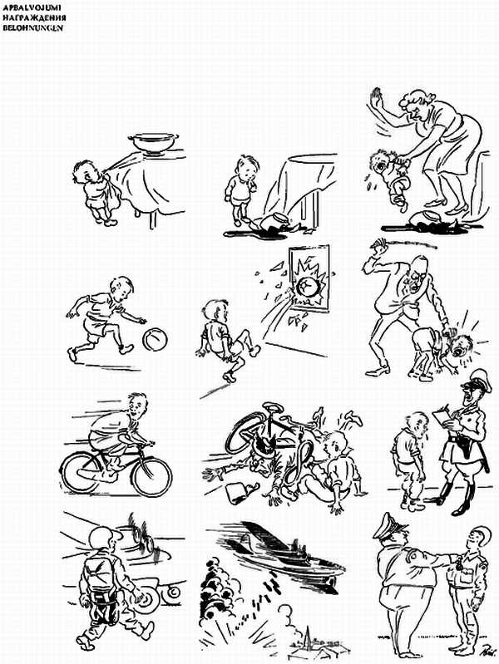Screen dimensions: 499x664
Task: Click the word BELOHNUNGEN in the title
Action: click(x=33, y=28)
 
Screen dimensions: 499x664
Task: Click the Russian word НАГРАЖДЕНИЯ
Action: click(x=34, y=17)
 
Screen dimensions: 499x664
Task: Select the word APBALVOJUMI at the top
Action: click(x=32, y=7)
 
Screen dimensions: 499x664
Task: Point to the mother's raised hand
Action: click(x=376, y=99)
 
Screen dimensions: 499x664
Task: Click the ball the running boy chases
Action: click(x=155, y=340)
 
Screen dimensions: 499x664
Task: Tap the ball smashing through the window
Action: click(x=307, y=288)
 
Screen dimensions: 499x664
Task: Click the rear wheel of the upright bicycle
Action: click(x=82, y=471)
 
